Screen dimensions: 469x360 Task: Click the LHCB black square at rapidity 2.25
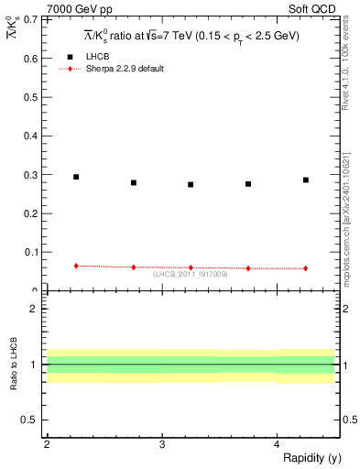tap(76, 177)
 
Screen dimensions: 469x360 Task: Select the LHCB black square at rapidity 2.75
tap(134, 182)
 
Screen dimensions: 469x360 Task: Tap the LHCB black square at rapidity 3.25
tap(191, 184)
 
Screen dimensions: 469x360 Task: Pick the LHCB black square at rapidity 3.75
tap(248, 183)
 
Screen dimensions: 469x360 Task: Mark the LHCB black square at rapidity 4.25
tap(306, 180)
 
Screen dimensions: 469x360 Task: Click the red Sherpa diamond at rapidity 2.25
tap(76, 266)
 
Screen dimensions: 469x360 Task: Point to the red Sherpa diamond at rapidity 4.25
tap(306, 268)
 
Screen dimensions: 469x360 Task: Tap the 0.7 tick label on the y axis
tap(32, 19)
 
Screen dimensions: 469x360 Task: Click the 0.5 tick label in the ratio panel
tap(32, 420)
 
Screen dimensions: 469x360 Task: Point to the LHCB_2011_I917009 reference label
tap(190, 274)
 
